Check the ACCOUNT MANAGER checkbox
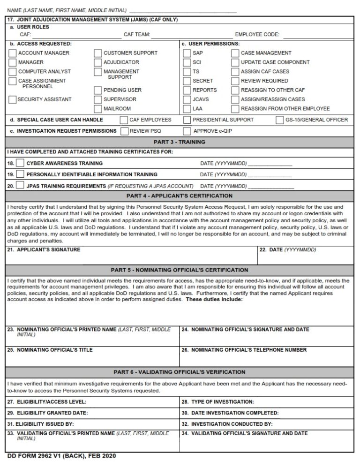pos(13,53)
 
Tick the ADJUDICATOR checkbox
pos(98,62)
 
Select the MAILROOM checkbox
pos(98,109)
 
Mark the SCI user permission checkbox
pos(187,62)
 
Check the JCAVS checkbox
pos(187,99)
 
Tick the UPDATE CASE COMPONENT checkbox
pos(235,62)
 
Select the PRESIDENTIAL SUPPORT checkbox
pos(187,120)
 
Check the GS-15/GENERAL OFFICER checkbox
pos(280,120)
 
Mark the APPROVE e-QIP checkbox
pos(187,131)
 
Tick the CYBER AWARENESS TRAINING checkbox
pos(20,163)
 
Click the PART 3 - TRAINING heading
pos(180,142)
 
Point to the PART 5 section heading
pos(180,270)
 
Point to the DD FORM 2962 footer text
pos(61,456)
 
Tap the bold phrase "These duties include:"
pos(214,300)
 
